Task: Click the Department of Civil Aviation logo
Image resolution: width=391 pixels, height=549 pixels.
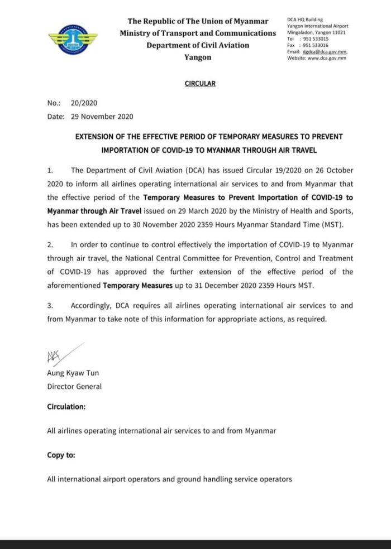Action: coord(73,40)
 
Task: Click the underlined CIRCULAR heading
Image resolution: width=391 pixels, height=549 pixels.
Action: coord(199,84)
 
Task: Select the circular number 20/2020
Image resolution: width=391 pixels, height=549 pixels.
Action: coord(84,104)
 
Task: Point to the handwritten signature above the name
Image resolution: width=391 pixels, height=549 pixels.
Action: coord(62,354)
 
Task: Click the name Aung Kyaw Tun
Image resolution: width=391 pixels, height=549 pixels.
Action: coord(72,374)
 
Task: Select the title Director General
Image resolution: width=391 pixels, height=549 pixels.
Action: coord(74,386)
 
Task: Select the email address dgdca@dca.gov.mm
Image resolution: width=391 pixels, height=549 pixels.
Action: coord(327,52)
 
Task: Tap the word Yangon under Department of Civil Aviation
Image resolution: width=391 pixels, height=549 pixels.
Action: coord(198,57)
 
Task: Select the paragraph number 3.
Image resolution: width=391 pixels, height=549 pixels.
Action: coord(50,305)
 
